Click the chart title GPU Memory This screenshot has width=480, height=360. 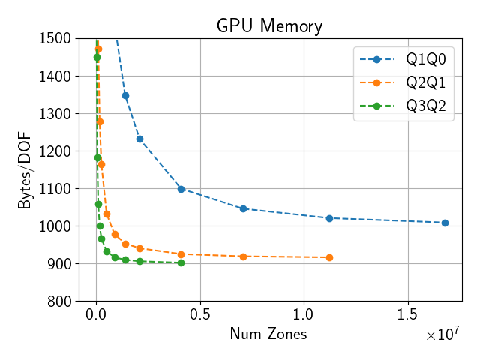click(269, 26)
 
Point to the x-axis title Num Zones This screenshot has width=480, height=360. click(268, 334)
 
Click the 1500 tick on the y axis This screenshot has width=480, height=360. click(55, 38)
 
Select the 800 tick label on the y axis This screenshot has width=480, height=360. click(59, 301)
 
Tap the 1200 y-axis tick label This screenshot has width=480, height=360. click(55, 151)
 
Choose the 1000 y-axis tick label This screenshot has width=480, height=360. click(55, 226)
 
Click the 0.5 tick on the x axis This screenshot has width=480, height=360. click(200, 313)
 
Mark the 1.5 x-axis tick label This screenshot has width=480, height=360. click(408, 313)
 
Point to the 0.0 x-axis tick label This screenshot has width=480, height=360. click(96, 313)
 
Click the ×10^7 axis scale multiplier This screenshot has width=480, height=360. click(442, 334)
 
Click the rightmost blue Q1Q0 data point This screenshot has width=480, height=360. click(445, 223)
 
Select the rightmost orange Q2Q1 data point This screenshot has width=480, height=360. click(329, 257)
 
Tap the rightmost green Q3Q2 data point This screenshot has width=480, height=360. click(181, 262)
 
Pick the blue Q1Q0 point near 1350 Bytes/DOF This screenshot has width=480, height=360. click(125, 95)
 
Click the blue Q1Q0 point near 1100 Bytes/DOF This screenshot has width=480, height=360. click(181, 189)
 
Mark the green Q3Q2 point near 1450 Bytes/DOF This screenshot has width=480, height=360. click(97, 57)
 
